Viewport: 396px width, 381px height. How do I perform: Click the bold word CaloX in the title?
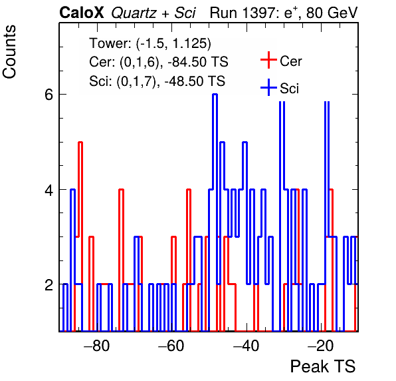[x=81, y=13]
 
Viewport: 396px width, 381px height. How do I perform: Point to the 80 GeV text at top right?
[x=332, y=13]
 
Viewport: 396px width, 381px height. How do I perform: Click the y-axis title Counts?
[x=9, y=52]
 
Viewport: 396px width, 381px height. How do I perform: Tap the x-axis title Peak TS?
[x=323, y=366]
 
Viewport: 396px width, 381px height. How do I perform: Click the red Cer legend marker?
[x=268, y=60]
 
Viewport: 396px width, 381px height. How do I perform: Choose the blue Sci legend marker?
[x=268, y=87]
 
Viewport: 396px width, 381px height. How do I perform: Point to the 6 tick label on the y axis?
[x=49, y=95]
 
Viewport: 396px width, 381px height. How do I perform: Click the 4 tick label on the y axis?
[x=49, y=190]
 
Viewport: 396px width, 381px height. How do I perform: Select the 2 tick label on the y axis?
[x=49, y=285]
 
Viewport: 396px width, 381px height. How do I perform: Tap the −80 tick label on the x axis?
[x=97, y=346]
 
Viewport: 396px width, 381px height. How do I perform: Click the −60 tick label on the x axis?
[x=171, y=346]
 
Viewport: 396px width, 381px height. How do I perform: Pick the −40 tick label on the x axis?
[x=247, y=346]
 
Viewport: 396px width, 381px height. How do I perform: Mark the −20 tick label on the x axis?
[x=321, y=346]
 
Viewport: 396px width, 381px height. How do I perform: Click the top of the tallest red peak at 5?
[x=80, y=143]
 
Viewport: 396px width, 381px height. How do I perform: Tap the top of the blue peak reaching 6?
[x=215, y=95]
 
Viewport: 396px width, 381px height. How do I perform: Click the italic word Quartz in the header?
[x=134, y=13]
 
